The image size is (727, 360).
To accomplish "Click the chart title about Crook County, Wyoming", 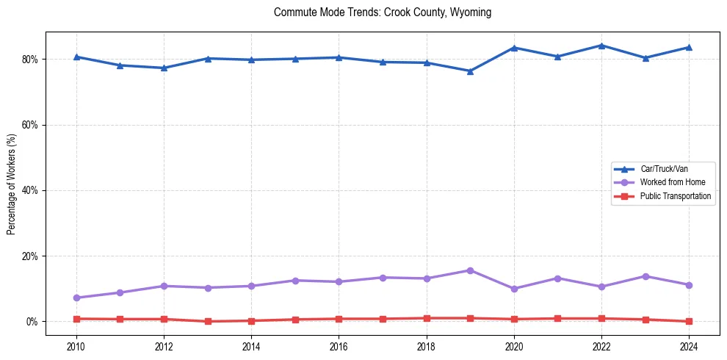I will [382, 12].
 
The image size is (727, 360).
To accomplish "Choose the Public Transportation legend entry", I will [675, 196].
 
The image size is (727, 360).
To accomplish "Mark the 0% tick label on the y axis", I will [34, 322].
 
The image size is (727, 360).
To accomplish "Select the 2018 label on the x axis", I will [426, 345].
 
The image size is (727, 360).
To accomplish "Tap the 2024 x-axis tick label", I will [689, 345].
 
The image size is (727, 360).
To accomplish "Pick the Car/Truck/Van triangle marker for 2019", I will [470, 71].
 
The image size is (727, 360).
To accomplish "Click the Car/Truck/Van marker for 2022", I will [601, 46].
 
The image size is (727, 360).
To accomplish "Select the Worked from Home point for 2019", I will [470, 270].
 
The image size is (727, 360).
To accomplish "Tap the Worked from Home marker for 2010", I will [76, 298].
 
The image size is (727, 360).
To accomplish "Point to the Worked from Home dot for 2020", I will [514, 289].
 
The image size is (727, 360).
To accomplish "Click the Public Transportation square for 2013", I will [207, 321].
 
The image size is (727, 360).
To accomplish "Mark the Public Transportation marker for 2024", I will [689, 321].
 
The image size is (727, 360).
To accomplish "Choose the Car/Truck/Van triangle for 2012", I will [164, 68].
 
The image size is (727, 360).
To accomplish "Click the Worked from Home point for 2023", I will [645, 276].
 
